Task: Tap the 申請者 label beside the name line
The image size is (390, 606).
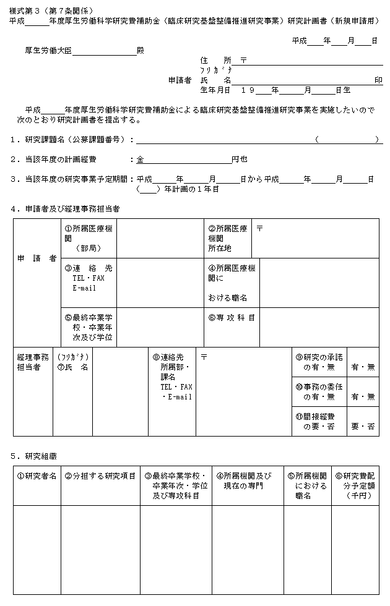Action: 180,80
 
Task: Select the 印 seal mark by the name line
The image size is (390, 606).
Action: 378,80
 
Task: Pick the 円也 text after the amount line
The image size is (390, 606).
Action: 240,159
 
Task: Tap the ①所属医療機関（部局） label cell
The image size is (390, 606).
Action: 88,238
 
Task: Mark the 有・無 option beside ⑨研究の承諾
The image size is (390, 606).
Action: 363,367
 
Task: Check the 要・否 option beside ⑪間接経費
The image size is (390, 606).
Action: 363,426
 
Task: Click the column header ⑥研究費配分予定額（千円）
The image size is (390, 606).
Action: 355,486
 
